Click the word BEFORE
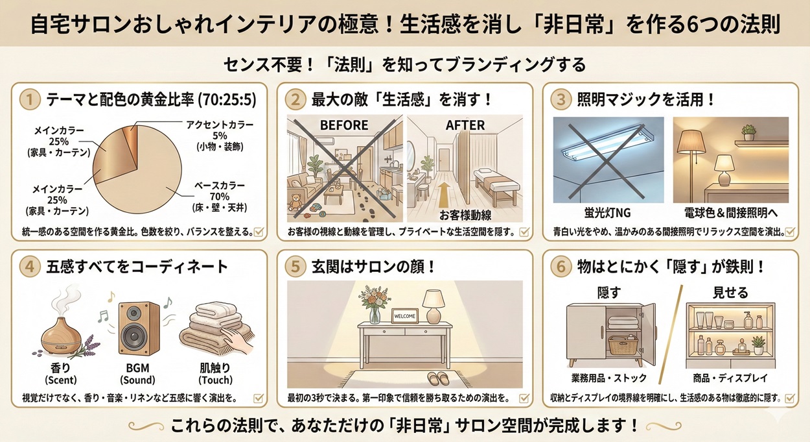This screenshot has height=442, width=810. (x=343, y=125)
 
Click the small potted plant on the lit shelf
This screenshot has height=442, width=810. (x=749, y=132)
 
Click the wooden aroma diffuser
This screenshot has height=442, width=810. (x=64, y=328)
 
